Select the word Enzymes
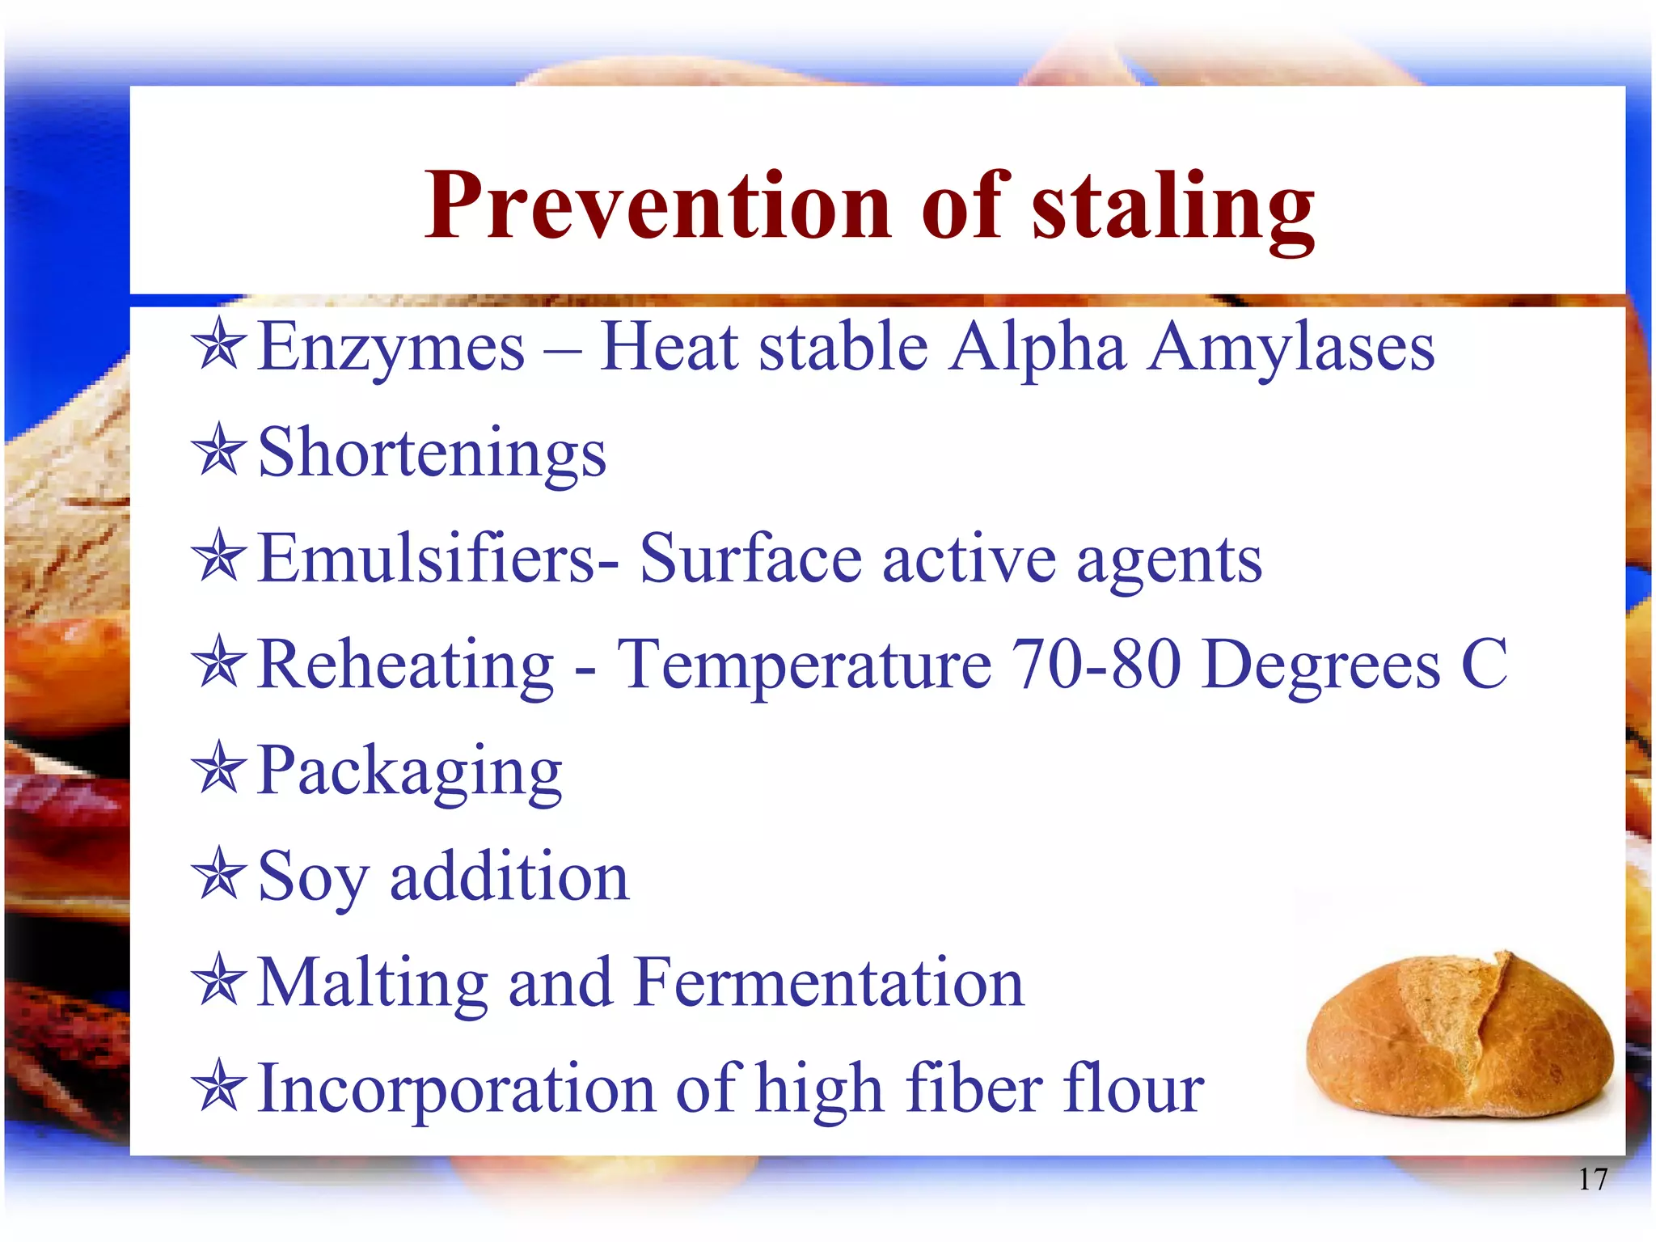coord(391,348)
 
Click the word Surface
coord(751,559)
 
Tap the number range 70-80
coord(1096,665)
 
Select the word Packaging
coord(409,772)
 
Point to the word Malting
coord(372,984)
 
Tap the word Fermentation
coord(830,982)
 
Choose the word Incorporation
coord(456,1090)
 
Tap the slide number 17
coord(1592,1180)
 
